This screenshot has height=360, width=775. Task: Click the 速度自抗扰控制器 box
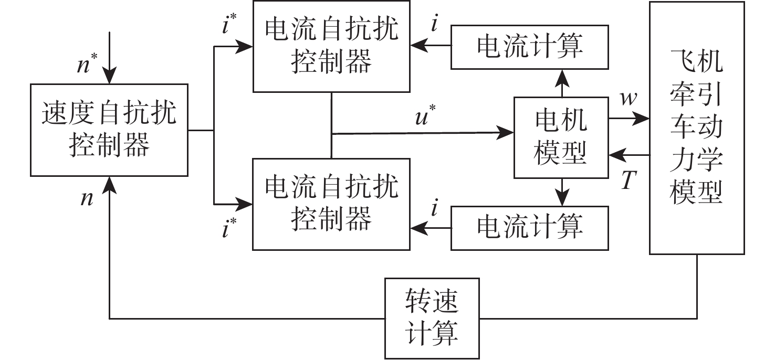tap(109, 130)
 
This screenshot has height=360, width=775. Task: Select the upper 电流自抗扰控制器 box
tap(331, 47)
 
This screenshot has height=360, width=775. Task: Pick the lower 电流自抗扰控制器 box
tap(331, 204)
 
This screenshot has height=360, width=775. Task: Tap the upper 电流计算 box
tap(530, 47)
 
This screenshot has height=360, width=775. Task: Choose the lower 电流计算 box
tap(530, 227)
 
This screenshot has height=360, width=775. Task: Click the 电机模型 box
tap(560, 137)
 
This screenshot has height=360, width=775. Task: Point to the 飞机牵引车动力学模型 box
tap(696, 128)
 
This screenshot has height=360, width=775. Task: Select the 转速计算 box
tap(433, 319)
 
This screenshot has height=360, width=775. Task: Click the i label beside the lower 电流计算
tap(434, 208)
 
